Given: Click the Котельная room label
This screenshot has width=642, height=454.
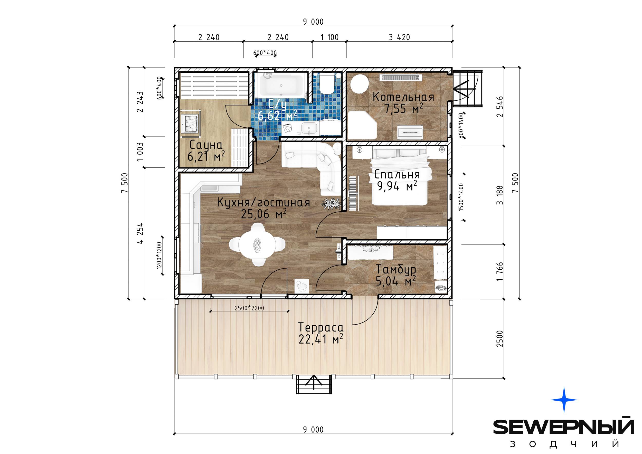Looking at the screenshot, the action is (x=403, y=97).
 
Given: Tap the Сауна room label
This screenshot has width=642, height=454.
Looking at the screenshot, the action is (x=206, y=145).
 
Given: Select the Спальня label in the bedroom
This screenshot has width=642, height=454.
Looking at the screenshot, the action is (x=397, y=174).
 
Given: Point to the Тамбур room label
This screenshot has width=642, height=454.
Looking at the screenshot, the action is (x=396, y=269).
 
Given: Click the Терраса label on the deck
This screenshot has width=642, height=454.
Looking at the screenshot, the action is (x=321, y=327).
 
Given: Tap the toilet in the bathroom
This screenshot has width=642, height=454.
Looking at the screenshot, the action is (x=327, y=84).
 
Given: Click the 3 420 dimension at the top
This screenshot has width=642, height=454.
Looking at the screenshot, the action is (x=399, y=37).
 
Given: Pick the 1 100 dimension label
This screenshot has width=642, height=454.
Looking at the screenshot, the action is (x=329, y=37).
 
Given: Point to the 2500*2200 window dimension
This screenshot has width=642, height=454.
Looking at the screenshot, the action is (x=249, y=308).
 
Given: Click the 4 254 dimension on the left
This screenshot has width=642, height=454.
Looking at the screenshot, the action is (x=140, y=233).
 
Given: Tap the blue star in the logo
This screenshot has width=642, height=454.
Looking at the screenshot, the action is (x=564, y=400).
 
